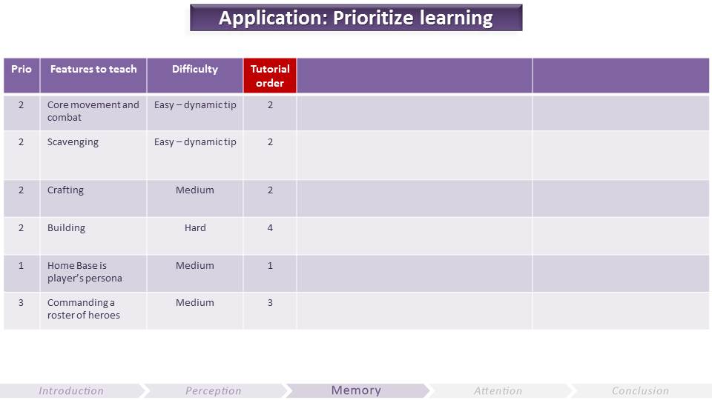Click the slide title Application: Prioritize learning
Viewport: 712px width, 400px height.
(x=356, y=18)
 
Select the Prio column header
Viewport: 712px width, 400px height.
(x=22, y=76)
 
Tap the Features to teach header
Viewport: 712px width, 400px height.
(x=93, y=76)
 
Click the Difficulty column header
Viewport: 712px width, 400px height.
(x=195, y=76)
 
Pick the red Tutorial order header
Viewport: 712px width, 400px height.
(x=270, y=76)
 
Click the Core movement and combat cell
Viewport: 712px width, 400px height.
(x=93, y=112)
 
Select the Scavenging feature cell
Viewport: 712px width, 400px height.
(x=93, y=155)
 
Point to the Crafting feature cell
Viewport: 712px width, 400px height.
(x=93, y=199)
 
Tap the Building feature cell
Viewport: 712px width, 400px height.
(x=93, y=236)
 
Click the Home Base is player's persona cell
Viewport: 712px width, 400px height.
(x=93, y=273)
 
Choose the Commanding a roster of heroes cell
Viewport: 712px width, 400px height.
(x=93, y=310)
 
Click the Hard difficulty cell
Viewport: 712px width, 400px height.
(x=195, y=236)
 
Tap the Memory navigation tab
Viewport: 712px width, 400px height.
(x=356, y=390)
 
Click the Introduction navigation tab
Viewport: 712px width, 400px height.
(x=71, y=390)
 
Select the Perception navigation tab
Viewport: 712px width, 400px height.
(x=214, y=390)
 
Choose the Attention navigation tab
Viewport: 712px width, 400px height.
(x=498, y=390)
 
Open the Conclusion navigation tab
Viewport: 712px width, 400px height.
(x=640, y=390)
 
